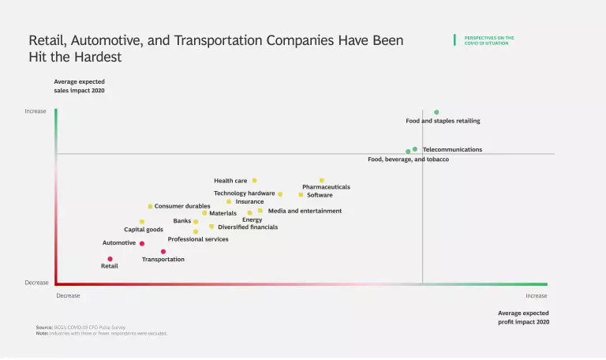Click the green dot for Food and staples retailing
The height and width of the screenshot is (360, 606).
[436, 112]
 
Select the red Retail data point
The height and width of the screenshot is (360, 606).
[110, 259]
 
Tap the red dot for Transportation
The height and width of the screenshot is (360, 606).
[163, 252]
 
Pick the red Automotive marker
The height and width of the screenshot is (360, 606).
[142, 244]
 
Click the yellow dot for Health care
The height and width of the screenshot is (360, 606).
[254, 180]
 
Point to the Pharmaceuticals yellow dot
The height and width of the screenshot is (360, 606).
[321, 180]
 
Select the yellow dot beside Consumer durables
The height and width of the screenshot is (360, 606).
[150, 206]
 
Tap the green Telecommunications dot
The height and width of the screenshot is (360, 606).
[415, 148]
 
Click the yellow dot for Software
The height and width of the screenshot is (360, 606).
[301, 194]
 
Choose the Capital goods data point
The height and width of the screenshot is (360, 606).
[142, 222]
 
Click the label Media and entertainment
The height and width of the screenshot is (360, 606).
[305, 211]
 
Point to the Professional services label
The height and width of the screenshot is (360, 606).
[198, 239]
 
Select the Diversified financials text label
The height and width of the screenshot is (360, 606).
[248, 227]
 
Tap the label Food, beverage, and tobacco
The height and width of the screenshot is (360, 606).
[408, 159]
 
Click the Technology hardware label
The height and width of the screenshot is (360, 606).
[244, 193]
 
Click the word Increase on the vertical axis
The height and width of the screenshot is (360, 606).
[36, 111]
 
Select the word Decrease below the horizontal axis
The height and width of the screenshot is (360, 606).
[68, 296]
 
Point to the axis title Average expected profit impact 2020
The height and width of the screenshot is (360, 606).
[523, 317]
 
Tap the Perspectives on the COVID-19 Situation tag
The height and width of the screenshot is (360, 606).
[489, 40]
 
